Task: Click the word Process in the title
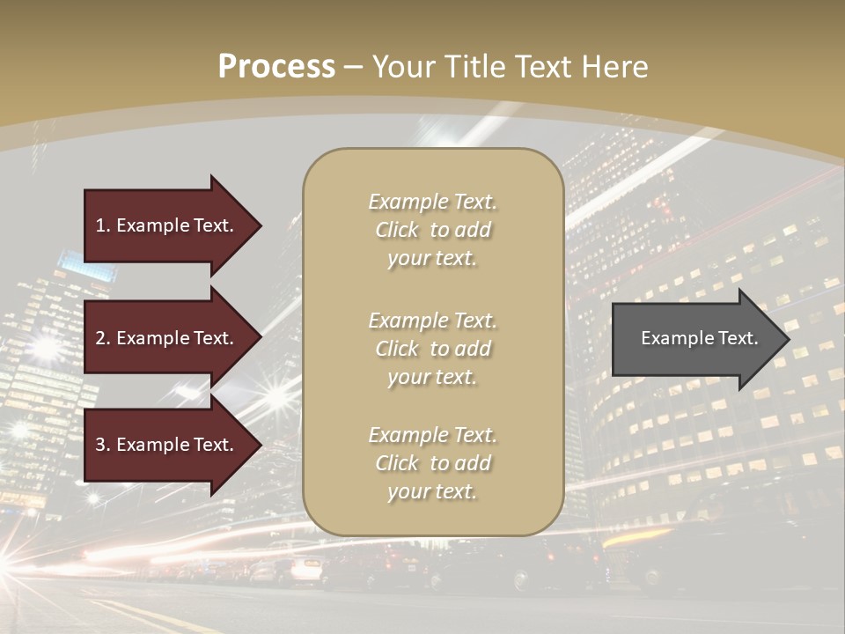pos(276,67)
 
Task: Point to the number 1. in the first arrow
pos(103,225)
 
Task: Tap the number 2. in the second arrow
pos(103,338)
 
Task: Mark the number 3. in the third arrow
pos(103,445)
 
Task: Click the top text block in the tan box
pos(432,230)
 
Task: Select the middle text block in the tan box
pos(432,348)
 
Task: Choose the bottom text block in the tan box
pos(432,463)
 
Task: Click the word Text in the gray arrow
pos(738,338)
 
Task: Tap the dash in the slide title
pos(353,67)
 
